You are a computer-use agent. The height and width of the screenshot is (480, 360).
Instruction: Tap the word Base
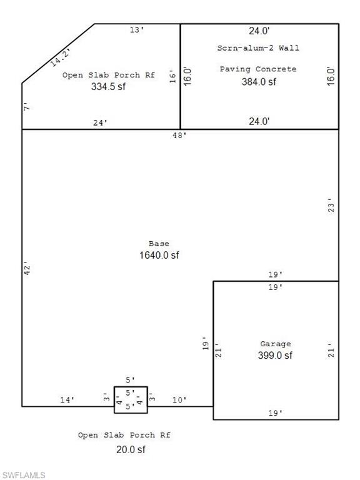(159, 243)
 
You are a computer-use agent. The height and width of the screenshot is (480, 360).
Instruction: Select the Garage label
(276, 344)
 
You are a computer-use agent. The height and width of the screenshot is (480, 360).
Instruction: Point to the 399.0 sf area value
(276, 356)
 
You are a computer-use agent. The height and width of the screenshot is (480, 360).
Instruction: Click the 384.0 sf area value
(259, 81)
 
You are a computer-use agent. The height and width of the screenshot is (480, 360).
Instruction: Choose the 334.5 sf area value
(108, 87)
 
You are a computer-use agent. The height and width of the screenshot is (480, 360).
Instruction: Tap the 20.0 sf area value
(131, 449)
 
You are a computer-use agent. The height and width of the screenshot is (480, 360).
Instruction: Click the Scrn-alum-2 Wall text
(258, 47)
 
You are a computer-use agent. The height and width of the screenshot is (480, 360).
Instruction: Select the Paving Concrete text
(258, 69)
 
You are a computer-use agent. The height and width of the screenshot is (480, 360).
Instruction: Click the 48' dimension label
(179, 135)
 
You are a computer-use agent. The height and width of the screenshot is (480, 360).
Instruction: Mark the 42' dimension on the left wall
(26, 269)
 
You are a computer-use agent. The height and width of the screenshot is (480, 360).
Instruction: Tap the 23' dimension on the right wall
(331, 206)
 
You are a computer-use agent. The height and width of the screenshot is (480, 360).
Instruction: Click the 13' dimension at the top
(137, 29)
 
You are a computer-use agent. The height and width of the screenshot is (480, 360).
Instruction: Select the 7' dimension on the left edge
(26, 107)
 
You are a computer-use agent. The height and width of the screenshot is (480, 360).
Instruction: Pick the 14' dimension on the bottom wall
(67, 399)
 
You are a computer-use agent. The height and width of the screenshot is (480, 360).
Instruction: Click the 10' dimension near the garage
(178, 399)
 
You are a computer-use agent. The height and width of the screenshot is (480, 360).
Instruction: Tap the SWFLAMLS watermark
(23, 475)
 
